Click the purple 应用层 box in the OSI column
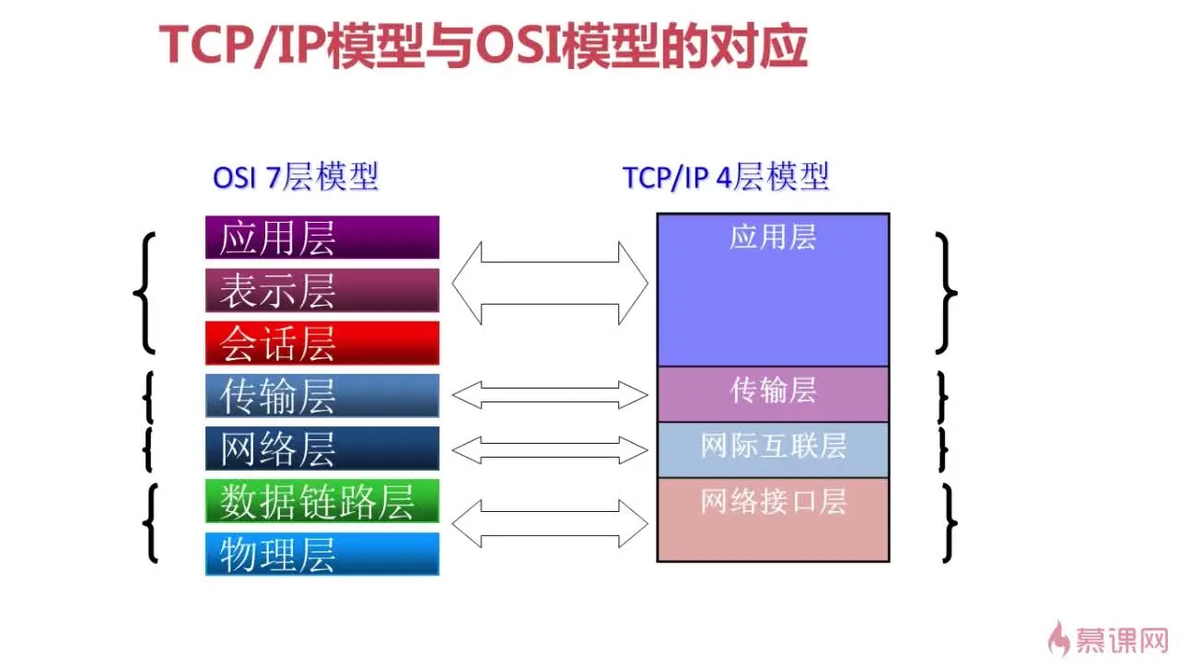pyautogui.click(x=322, y=238)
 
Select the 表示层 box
pyautogui.click(x=322, y=290)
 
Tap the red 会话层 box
pyautogui.click(x=322, y=343)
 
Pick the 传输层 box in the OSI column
pyautogui.click(x=322, y=396)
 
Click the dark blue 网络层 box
pyautogui.click(x=322, y=448)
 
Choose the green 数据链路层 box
pyautogui.click(x=322, y=501)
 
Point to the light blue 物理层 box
pyautogui.click(x=322, y=554)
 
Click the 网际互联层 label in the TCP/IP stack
pyautogui.click(x=773, y=446)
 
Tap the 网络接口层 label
pyautogui.click(x=773, y=501)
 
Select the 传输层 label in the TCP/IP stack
pyautogui.click(x=773, y=390)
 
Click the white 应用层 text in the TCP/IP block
pyautogui.click(x=773, y=237)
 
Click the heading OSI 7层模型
pyautogui.click(x=296, y=177)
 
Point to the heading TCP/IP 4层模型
pyautogui.click(x=726, y=177)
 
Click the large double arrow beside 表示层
pyautogui.click(x=550, y=283)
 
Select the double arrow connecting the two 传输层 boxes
pyautogui.click(x=550, y=395)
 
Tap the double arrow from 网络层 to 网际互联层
pyautogui.click(x=550, y=450)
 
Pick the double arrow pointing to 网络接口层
pyautogui.click(x=550, y=524)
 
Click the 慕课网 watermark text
pyautogui.click(x=1122, y=640)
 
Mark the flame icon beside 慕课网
pyautogui.click(x=1058, y=638)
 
